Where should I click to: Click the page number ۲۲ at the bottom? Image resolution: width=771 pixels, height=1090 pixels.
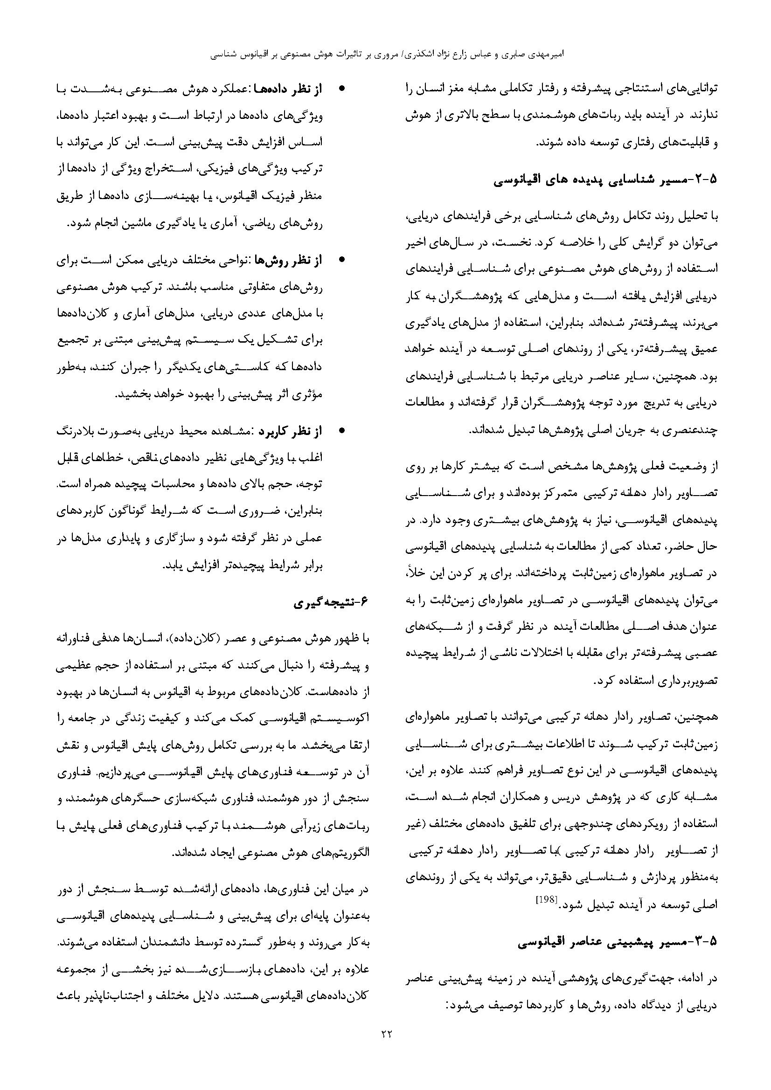[x=385, y=1044]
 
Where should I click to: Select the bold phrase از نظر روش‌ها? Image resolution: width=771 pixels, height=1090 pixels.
[x=288, y=260]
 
